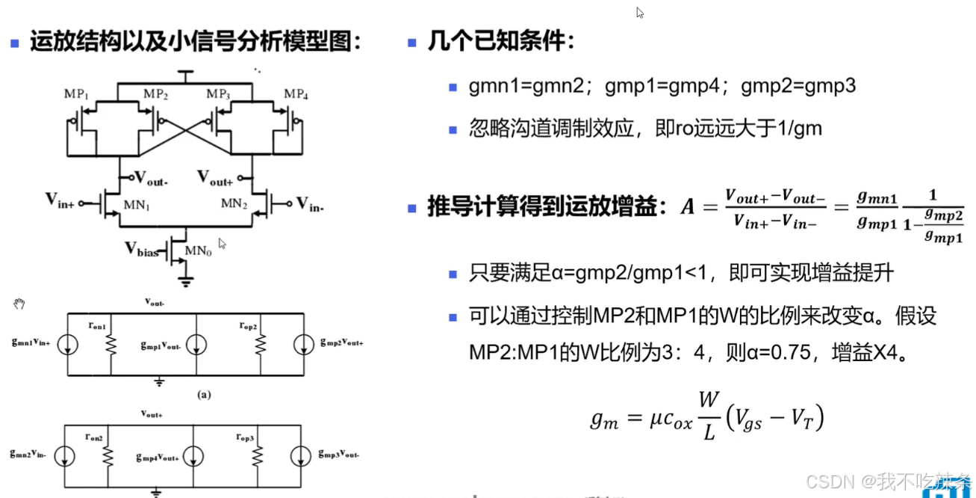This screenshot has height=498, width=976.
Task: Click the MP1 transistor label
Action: point(77,94)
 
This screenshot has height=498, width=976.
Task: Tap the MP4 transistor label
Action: point(296,94)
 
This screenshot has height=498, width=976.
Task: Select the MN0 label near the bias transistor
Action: point(199,252)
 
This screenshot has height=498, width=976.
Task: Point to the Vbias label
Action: point(142,250)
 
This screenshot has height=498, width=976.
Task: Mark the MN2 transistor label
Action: point(233,203)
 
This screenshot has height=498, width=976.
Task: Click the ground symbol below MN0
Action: point(185,282)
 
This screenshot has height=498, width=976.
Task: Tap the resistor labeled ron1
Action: point(111,345)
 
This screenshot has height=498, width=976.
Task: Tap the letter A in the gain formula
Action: point(687,206)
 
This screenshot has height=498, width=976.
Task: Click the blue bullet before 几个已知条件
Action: point(411,43)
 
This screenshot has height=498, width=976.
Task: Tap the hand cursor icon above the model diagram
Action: point(19,304)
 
